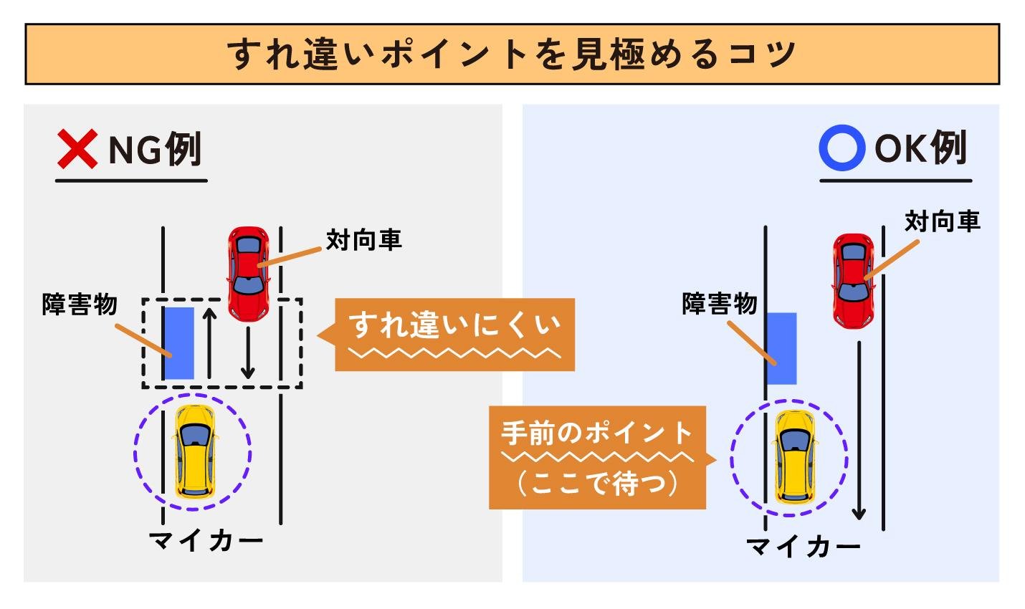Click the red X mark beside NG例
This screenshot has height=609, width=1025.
(77, 149)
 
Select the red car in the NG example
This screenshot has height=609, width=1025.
(249, 274)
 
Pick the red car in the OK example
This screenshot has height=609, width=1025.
(854, 281)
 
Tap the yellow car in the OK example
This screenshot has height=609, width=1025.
(794, 456)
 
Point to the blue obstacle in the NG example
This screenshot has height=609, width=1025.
(179, 343)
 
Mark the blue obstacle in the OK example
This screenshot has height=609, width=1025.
(781, 349)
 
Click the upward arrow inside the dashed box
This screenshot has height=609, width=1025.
(209, 343)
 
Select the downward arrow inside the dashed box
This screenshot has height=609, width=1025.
(248, 353)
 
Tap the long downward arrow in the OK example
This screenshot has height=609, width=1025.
(859, 431)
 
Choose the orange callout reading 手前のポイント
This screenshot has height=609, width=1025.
(602, 458)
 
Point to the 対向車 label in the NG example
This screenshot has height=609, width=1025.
(364, 240)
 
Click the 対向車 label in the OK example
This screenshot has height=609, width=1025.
(943, 221)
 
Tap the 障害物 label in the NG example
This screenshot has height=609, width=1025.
(80, 304)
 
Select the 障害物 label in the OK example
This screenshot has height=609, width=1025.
(720, 303)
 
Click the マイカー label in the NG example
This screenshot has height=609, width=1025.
(206, 541)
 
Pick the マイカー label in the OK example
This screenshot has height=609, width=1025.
(803, 547)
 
